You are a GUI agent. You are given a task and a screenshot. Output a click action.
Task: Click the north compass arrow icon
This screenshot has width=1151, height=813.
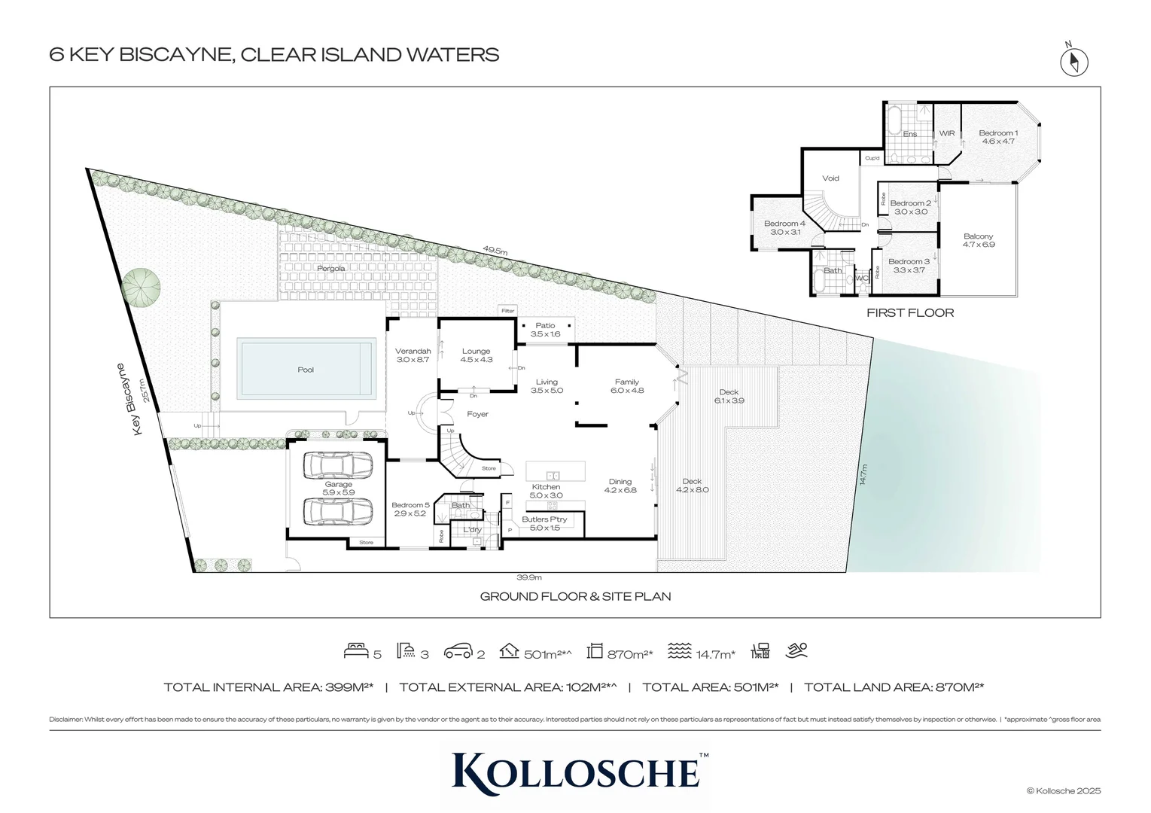[x=1074, y=62]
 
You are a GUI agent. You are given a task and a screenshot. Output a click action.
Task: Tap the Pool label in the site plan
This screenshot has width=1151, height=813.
[x=306, y=370]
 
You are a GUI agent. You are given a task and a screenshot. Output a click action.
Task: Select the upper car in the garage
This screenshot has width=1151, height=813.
[x=337, y=466]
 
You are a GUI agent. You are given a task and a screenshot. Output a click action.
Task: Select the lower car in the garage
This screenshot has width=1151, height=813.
[x=337, y=511]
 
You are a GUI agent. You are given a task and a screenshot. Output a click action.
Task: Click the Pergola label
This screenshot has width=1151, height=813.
[x=331, y=269]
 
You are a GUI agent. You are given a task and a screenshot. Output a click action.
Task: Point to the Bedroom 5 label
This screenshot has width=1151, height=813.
[x=410, y=509]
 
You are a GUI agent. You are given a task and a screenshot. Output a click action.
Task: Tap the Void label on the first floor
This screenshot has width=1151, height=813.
[x=830, y=178]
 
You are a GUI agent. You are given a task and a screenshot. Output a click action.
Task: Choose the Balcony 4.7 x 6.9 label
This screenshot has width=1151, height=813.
[x=979, y=240]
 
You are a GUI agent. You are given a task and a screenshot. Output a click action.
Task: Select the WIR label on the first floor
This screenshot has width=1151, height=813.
[x=947, y=134]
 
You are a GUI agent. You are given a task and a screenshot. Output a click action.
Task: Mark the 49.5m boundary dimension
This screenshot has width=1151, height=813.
[x=495, y=251]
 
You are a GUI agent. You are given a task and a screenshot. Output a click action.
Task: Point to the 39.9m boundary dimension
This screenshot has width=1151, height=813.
[x=529, y=577]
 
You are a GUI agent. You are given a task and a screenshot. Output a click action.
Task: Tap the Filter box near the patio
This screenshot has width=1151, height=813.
[x=508, y=311]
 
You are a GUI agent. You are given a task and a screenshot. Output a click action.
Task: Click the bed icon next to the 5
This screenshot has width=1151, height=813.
[x=356, y=651]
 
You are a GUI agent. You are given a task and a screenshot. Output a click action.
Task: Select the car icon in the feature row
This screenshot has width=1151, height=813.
[x=458, y=651]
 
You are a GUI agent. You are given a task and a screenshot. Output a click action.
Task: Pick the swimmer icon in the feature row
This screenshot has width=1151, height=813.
[x=796, y=651]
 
